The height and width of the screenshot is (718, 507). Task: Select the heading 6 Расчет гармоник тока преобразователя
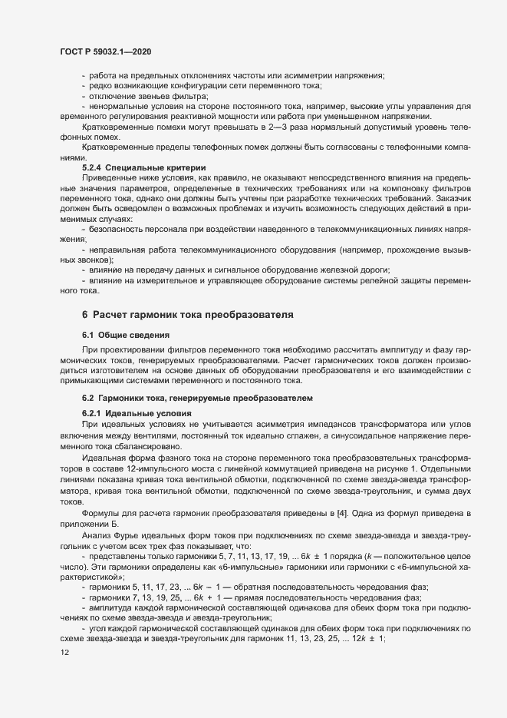(188, 315)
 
